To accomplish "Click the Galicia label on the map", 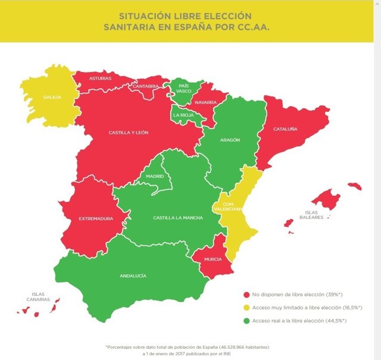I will click(52, 97).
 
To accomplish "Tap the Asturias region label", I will click(100, 79).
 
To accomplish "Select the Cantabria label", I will click(146, 86).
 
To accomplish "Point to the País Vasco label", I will click(184, 88).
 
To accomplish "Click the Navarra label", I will click(205, 102).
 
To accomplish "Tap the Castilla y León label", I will click(129, 132).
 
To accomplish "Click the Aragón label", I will click(230, 140).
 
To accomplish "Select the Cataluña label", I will click(285, 129).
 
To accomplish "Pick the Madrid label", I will click(155, 177).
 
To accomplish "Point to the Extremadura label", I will click(96, 218).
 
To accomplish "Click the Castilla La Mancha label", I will click(178, 218).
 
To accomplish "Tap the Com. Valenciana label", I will click(229, 206).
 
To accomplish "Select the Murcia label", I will click(213, 259).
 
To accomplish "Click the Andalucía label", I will click(133, 276).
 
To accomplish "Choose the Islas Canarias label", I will click(39, 297).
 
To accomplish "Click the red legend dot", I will click(246, 295).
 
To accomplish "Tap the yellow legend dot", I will click(246, 308).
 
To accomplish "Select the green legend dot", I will click(246, 321).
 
